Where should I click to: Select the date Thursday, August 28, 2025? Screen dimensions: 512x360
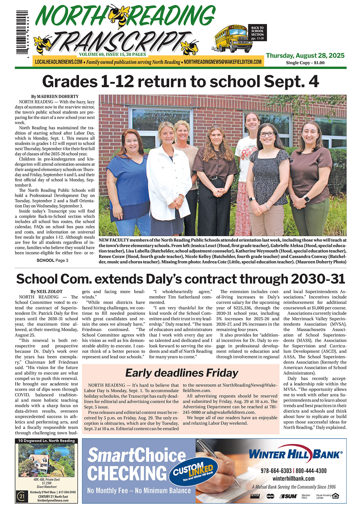coord(305,55)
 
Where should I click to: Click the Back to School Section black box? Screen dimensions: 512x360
coord(257,33)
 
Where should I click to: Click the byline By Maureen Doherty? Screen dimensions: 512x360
coord(55,97)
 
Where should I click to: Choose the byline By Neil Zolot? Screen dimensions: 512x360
coord(46,291)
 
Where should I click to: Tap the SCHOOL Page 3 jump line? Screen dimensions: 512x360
coord(52,260)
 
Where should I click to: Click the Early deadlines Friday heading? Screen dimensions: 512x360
coord(181,373)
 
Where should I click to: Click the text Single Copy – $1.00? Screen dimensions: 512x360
coord(305,63)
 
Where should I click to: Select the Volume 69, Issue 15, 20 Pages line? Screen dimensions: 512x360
coord(112,55)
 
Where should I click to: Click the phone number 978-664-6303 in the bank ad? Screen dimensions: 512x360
coord(276,471)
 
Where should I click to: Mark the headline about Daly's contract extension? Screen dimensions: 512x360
coord(180,279)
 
